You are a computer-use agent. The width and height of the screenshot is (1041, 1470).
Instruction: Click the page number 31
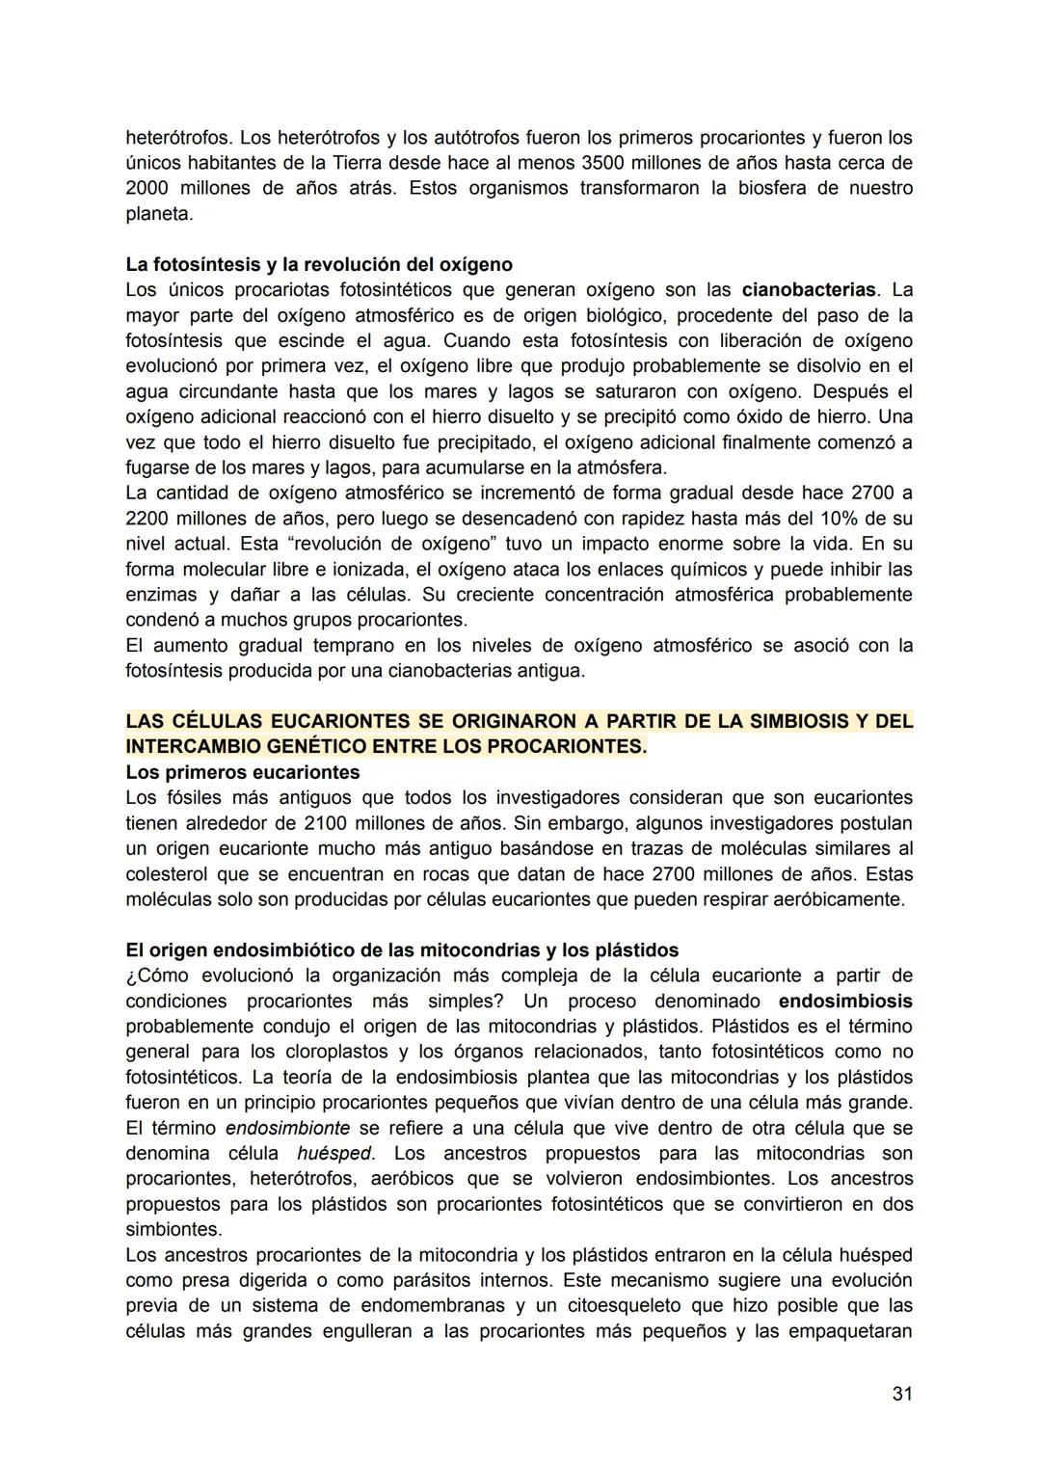pos(901,1394)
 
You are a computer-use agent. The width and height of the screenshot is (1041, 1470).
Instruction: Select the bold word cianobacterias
pos(809,290)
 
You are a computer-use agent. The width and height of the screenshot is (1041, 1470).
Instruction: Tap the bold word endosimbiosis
pos(844,1002)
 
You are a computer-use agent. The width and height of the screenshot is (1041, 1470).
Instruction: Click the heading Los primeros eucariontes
pos(242,773)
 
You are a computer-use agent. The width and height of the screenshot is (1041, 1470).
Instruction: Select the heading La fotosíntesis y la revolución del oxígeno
pos(319,264)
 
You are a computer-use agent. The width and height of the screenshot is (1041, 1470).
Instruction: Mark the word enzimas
pos(161,595)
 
